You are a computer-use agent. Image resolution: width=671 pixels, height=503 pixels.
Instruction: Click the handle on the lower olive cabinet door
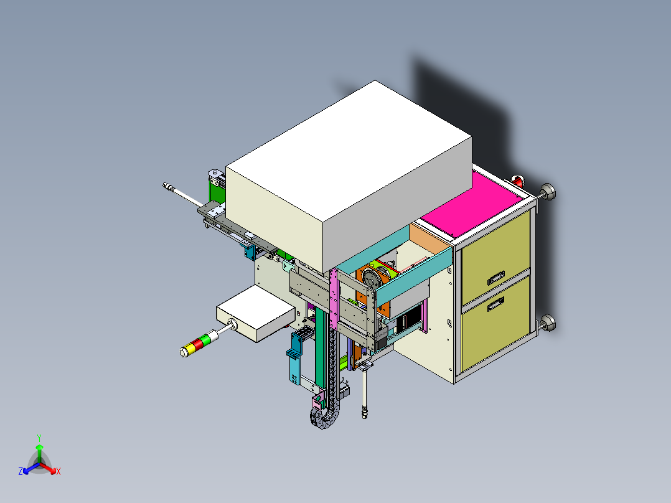[x=496, y=304]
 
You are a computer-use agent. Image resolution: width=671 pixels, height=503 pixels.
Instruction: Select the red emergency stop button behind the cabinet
[x=518, y=181]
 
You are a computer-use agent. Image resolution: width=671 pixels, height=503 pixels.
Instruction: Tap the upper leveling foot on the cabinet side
[x=548, y=192]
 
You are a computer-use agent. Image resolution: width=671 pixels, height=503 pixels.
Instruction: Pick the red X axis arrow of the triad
[x=52, y=469]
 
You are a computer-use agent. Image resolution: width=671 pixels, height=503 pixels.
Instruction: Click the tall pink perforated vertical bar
[x=334, y=299]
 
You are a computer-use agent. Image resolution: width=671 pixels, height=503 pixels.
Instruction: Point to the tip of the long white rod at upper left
[x=166, y=186]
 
